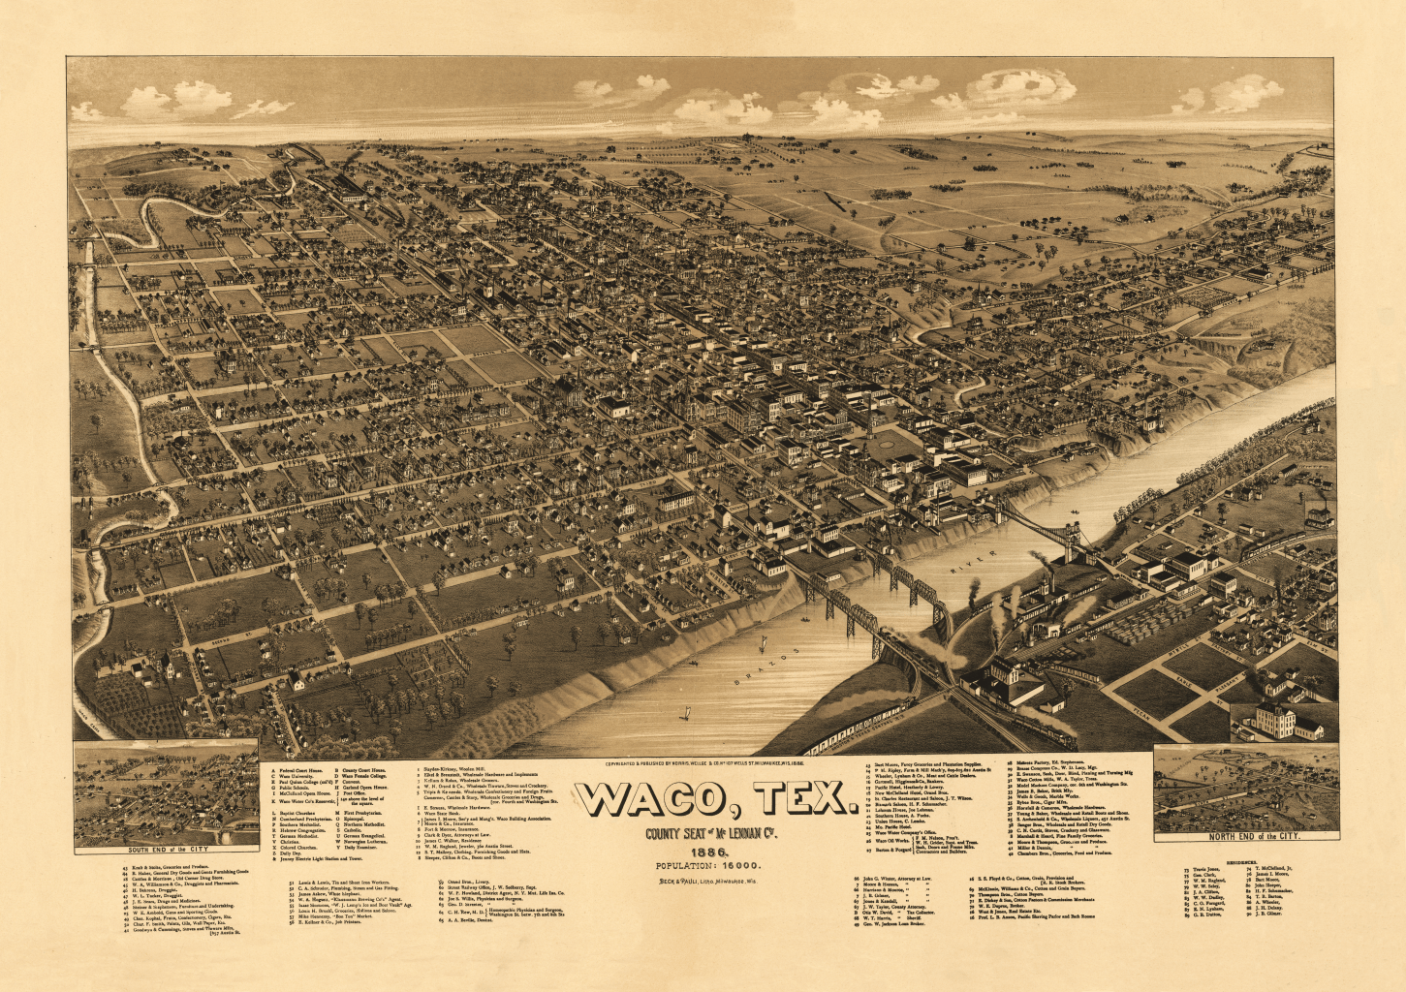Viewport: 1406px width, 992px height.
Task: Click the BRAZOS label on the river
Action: tap(763, 667)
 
